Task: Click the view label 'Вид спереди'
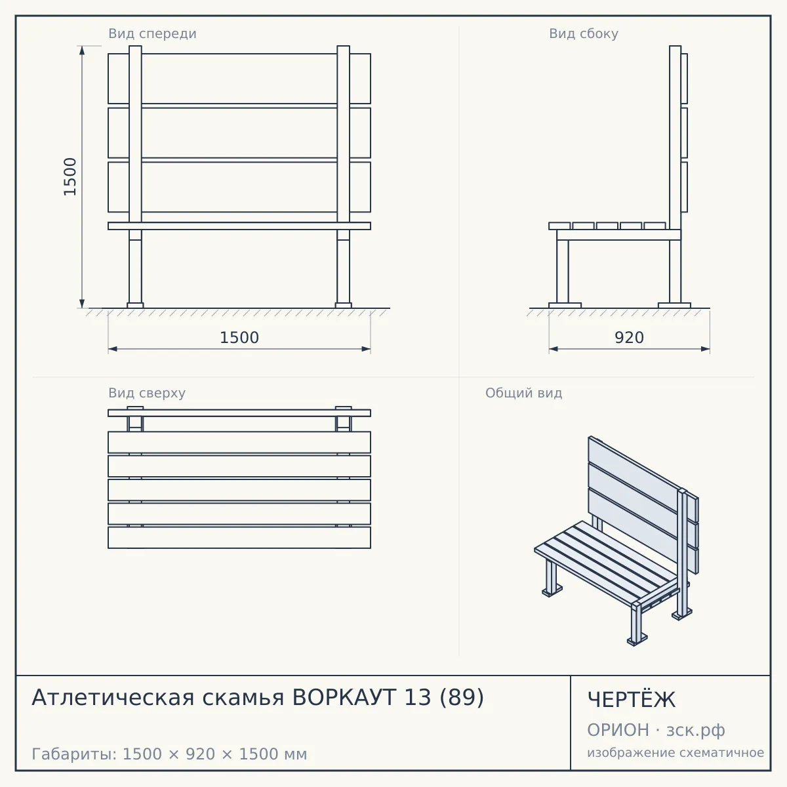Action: click(152, 34)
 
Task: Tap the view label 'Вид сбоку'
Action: click(584, 34)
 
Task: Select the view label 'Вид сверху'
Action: click(147, 393)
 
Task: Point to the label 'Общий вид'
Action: click(523, 393)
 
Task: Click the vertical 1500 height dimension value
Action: click(70, 177)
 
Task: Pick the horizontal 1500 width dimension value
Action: click(239, 338)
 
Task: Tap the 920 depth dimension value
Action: click(630, 338)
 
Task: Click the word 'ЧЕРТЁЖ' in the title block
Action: click(632, 700)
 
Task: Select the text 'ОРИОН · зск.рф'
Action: click(656, 730)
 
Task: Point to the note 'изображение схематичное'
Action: click(676, 752)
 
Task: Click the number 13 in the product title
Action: click(417, 697)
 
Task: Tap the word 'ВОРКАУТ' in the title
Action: click(344, 697)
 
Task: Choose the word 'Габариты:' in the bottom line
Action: click(74, 754)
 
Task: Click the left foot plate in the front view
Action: click(135, 306)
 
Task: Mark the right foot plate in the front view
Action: click(343, 306)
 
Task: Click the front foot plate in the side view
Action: click(565, 306)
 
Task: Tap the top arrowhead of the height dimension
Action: click(82, 50)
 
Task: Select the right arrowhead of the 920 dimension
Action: click(705, 349)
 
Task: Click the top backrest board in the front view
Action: click(239, 79)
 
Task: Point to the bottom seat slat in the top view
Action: click(239, 538)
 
